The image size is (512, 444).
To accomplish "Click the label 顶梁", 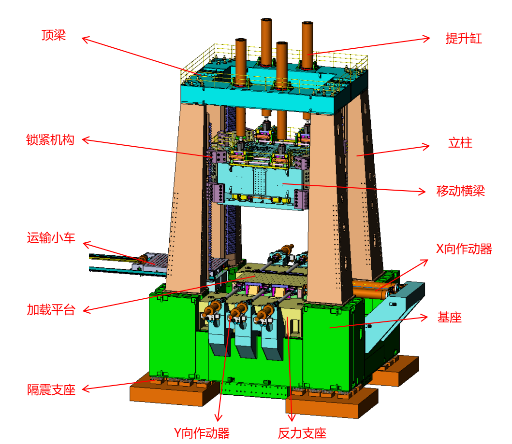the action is tap(54, 35).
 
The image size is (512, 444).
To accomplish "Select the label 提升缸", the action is tap(464, 39).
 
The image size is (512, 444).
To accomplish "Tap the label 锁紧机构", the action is tap(50, 140).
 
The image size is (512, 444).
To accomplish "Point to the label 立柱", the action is tap(460, 143).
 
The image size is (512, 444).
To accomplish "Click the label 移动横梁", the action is tap(460, 191).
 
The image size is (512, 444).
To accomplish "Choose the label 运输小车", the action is tap(51, 238).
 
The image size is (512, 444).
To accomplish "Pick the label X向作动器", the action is tap(464, 249).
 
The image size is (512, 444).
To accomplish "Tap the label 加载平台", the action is tap(51, 310).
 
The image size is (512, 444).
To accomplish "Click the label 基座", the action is tap(449, 317).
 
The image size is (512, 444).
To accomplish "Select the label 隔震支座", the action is tap(51, 390).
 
